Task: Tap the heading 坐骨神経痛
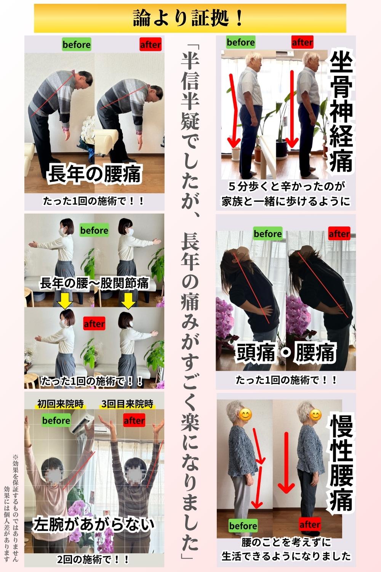(341, 112)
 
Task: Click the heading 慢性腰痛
(341, 463)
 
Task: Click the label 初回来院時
(61, 404)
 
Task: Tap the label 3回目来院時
(127, 404)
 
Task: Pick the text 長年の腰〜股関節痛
(94, 283)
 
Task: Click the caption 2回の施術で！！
(93, 559)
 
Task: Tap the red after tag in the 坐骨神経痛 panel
(303, 42)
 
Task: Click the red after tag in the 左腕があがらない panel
(134, 421)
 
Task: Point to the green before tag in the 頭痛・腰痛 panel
(268, 234)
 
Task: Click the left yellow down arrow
(65, 300)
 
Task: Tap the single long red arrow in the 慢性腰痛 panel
(286, 462)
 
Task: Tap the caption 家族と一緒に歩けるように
(286, 201)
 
